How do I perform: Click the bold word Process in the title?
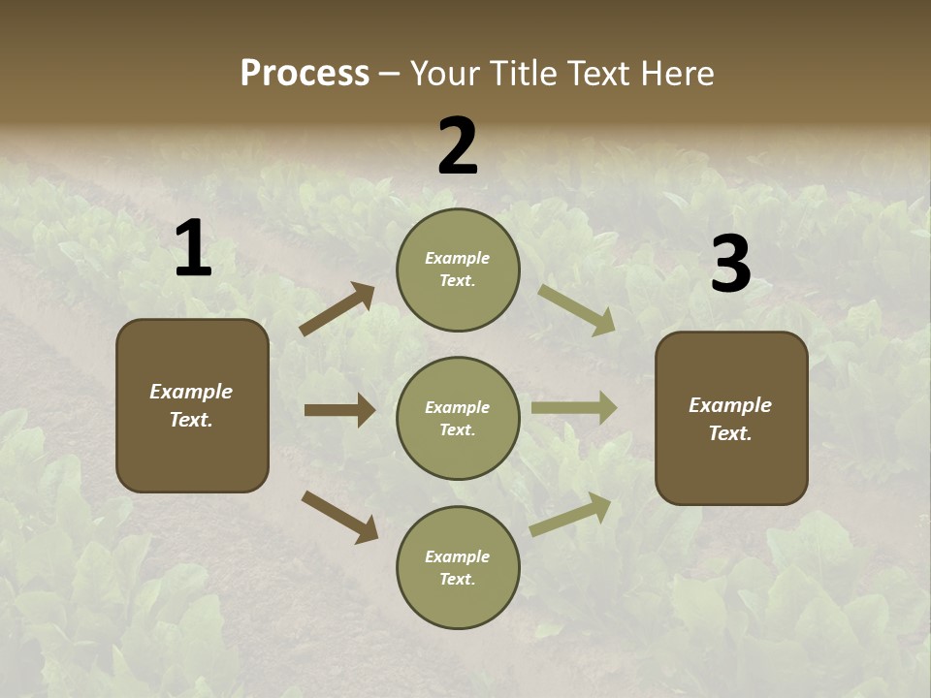pos(305,74)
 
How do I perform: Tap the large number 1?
pos(193,249)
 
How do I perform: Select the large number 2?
pos(458,146)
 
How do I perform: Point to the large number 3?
pos(730,265)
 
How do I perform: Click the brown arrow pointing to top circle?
pos(337,310)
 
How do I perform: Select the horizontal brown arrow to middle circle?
pos(339,410)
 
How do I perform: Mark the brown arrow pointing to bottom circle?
pos(339,517)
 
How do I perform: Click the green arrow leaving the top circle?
pos(577,310)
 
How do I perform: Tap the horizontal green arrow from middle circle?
pos(574,408)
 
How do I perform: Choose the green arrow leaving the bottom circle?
pos(570,515)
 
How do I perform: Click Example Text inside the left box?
pos(191,405)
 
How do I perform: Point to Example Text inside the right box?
pos(730,419)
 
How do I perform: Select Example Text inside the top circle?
pos(458,270)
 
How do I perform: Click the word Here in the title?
pos(676,74)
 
